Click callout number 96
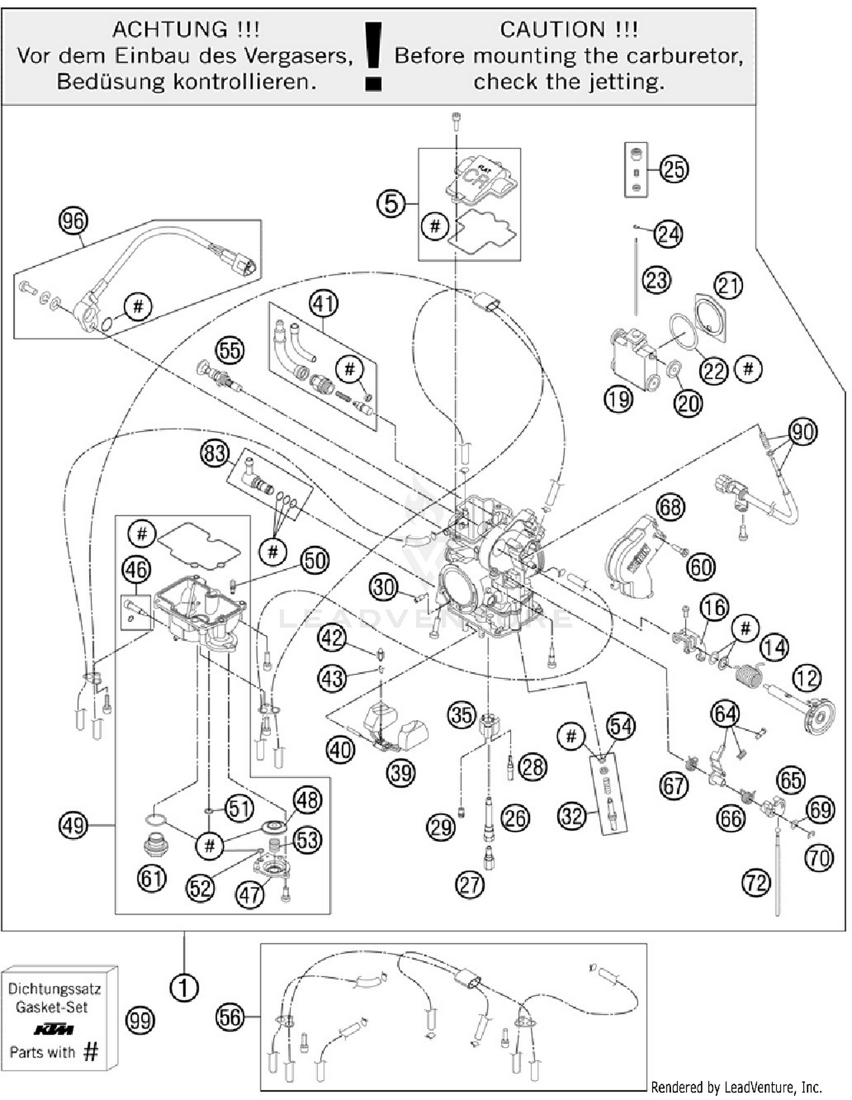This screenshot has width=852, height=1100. point(73,220)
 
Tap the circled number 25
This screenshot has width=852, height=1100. point(674,169)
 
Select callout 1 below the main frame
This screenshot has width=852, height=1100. point(184,988)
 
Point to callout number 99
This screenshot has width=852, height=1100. point(140,1020)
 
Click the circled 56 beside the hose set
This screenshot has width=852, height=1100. point(230,1017)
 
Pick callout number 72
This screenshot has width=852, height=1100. point(756,883)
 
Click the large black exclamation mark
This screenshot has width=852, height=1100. point(373,56)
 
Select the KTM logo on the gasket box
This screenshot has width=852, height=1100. point(53,1030)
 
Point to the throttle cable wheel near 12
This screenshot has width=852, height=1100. point(821,718)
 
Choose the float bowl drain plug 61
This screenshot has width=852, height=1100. point(156,845)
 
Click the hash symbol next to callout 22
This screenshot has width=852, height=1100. point(748,369)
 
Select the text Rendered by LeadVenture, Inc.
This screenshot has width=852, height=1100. point(736,1087)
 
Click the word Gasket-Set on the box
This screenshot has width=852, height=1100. point(52,1007)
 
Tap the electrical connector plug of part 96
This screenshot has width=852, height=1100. point(241,262)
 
